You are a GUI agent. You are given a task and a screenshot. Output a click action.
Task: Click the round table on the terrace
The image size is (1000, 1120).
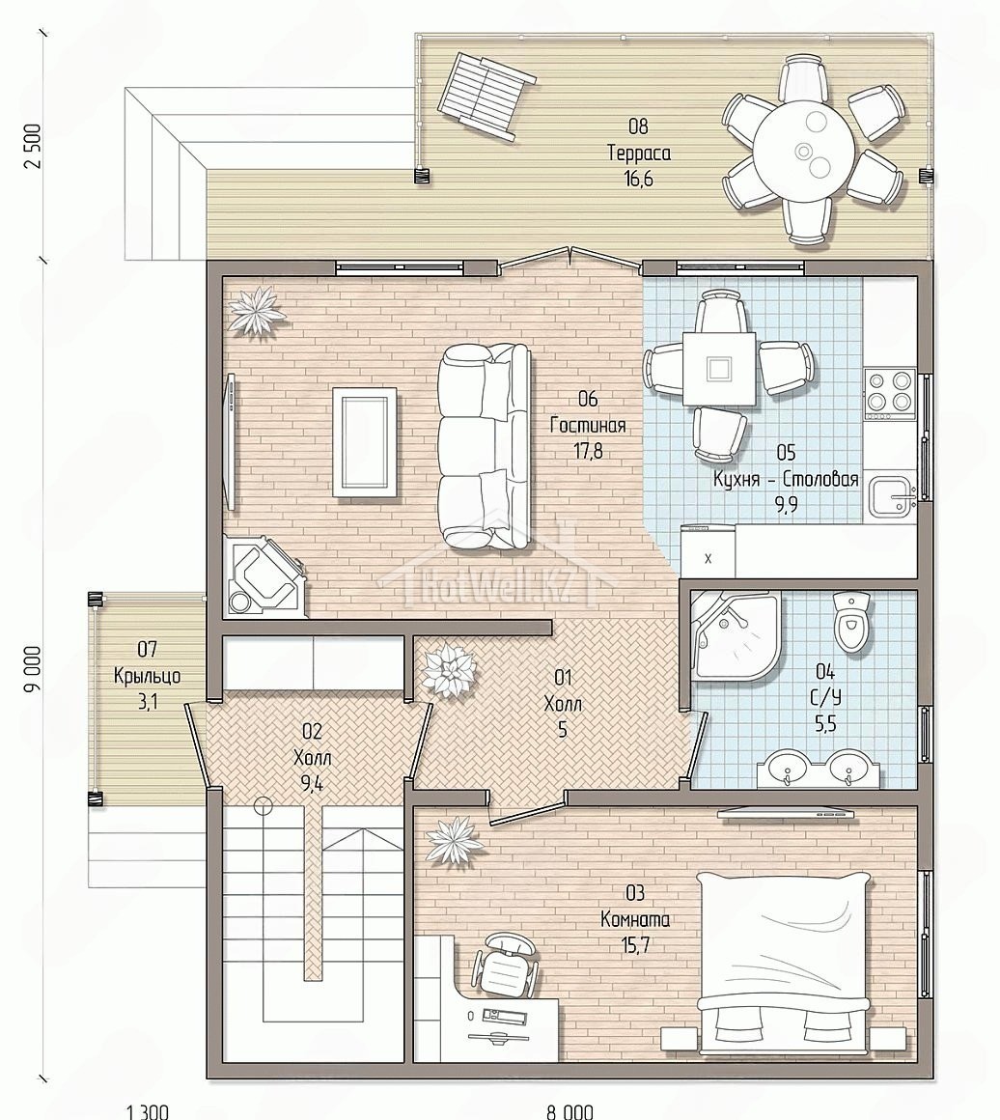[x=804, y=151]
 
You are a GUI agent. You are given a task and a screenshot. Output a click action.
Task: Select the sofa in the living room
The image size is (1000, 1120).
[x=485, y=446]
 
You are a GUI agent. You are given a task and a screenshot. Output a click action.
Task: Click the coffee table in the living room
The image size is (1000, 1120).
[x=364, y=440]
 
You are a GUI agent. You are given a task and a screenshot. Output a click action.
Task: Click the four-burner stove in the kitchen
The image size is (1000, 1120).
[x=889, y=393]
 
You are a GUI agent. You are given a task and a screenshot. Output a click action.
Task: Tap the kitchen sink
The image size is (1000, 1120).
[x=892, y=493]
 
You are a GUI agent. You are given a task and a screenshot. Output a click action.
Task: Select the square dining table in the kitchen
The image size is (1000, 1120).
[x=718, y=369]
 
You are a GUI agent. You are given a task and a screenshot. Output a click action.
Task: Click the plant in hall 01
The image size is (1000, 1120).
[x=449, y=671]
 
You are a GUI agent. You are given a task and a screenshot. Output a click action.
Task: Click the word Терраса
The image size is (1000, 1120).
[x=639, y=153]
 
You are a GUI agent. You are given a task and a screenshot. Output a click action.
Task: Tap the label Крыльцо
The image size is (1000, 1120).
[x=147, y=676]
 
